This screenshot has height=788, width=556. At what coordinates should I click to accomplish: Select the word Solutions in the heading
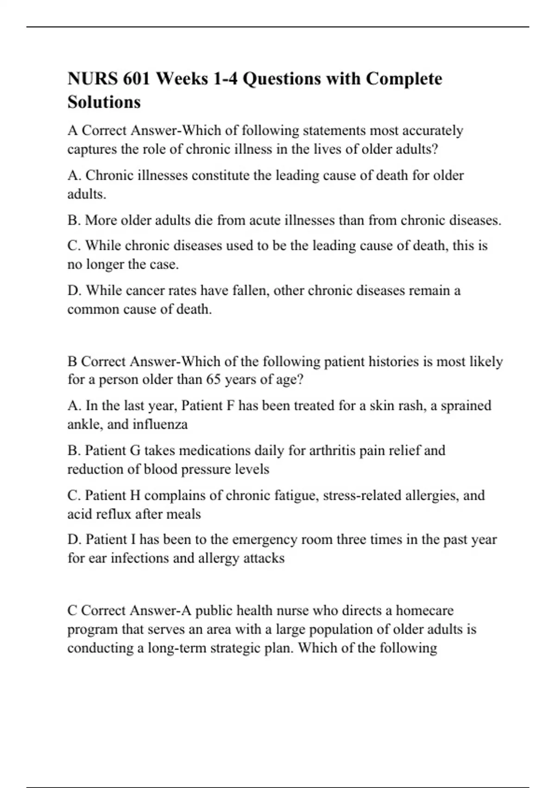[104, 102]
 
